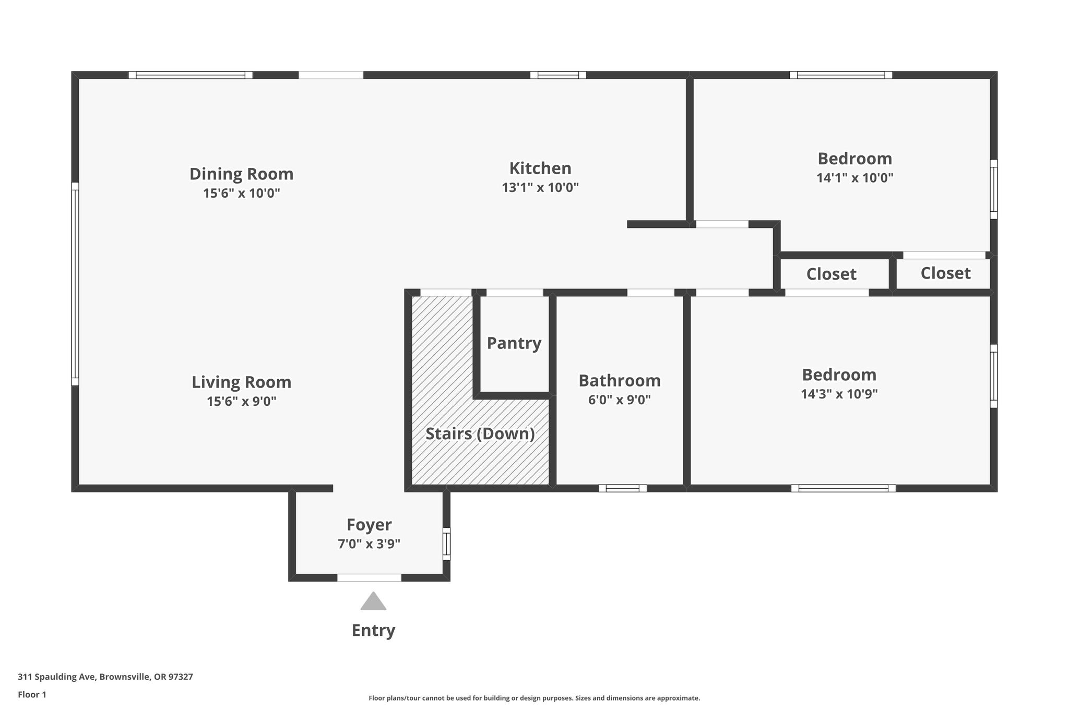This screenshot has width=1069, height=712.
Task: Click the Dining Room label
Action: coord(241,174)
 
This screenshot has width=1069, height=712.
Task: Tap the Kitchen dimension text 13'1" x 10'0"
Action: coord(540,187)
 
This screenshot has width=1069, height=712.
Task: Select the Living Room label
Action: coord(241,382)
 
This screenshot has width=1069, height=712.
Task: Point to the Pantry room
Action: coord(514,344)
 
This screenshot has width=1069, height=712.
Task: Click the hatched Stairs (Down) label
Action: coord(480,434)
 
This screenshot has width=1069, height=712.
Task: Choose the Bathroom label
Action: coord(620,381)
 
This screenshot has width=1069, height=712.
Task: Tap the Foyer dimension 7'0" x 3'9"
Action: coord(369,544)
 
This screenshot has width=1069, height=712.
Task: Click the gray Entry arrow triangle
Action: coord(373,601)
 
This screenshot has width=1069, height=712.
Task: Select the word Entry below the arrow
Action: coord(373,631)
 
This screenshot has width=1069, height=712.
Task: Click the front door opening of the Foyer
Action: coord(369,577)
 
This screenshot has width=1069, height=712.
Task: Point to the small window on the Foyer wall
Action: coord(446,544)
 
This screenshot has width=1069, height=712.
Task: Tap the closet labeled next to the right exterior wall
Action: coord(945,273)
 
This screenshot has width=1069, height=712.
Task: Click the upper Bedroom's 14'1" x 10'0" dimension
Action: coord(855,178)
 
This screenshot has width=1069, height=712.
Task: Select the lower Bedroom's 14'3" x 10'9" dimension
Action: coord(839,394)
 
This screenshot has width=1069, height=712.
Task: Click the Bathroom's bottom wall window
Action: coord(623,488)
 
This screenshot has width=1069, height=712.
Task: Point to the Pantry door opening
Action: coord(515,293)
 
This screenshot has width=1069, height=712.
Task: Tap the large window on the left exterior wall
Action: coord(75,284)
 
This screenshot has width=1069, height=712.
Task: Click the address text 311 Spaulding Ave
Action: coord(57,677)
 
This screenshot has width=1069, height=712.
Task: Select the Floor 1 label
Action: coord(32,695)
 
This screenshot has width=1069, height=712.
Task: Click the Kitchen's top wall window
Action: coord(558,75)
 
